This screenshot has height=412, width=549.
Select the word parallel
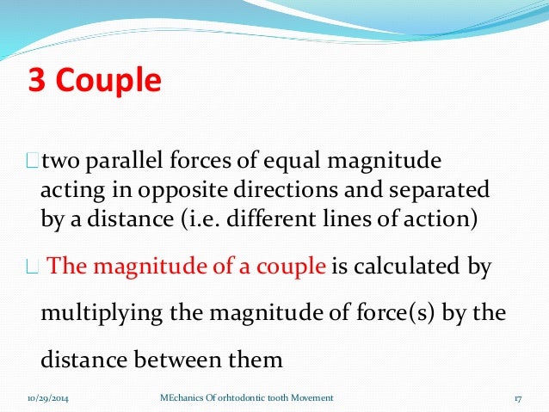pyautogui.click(x=120, y=161)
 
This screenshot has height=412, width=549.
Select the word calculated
pyautogui.click(x=408, y=267)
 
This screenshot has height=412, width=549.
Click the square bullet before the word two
pyautogui.click(x=34, y=162)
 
